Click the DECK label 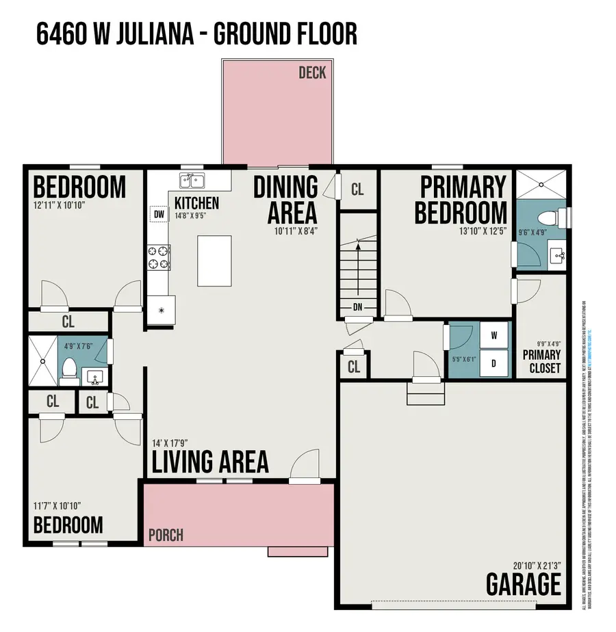312,73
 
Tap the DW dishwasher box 159,215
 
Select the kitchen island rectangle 214,260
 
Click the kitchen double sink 192,181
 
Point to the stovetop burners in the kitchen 159,258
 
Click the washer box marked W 493,336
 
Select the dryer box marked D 493,363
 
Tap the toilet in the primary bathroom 551,218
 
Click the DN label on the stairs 357,307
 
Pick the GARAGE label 524,585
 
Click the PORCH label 165,534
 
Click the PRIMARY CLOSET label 541,361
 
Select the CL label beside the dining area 357,189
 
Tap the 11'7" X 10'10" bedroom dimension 57,506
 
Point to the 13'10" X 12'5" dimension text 483,231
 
